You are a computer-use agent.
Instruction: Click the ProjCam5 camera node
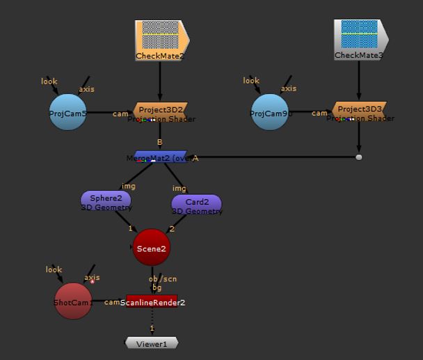(67, 113)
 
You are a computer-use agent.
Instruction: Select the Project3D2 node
(161, 110)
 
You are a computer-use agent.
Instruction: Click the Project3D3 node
(359, 110)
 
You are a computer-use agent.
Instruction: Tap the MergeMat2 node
(160, 157)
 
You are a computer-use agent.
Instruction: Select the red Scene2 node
(151, 247)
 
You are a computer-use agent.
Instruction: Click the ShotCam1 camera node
(72, 302)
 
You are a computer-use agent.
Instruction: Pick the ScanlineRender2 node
(152, 302)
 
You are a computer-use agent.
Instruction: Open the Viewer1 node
(152, 343)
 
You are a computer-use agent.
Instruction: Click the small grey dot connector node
(359, 157)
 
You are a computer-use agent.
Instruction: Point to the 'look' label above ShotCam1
(54, 269)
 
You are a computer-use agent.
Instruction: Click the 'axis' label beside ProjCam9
(288, 88)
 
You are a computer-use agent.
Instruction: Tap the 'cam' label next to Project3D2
(120, 114)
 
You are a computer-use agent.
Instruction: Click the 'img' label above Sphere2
(129, 186)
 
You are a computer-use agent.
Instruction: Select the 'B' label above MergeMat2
(159, 143)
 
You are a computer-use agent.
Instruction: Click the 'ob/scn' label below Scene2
(163, 279)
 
